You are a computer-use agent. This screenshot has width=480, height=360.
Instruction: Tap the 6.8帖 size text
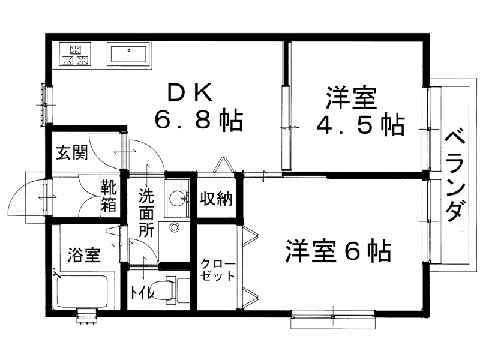[198, 121]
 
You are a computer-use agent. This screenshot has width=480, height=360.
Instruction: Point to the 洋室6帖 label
[339, 251]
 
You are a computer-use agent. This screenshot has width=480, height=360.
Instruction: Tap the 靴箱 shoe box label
[109, 196]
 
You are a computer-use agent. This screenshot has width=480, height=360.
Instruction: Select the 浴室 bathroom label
[83, 255]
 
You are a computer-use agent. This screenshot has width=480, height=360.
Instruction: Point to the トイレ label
[143, 293]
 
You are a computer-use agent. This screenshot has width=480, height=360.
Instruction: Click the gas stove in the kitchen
[76, 55]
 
